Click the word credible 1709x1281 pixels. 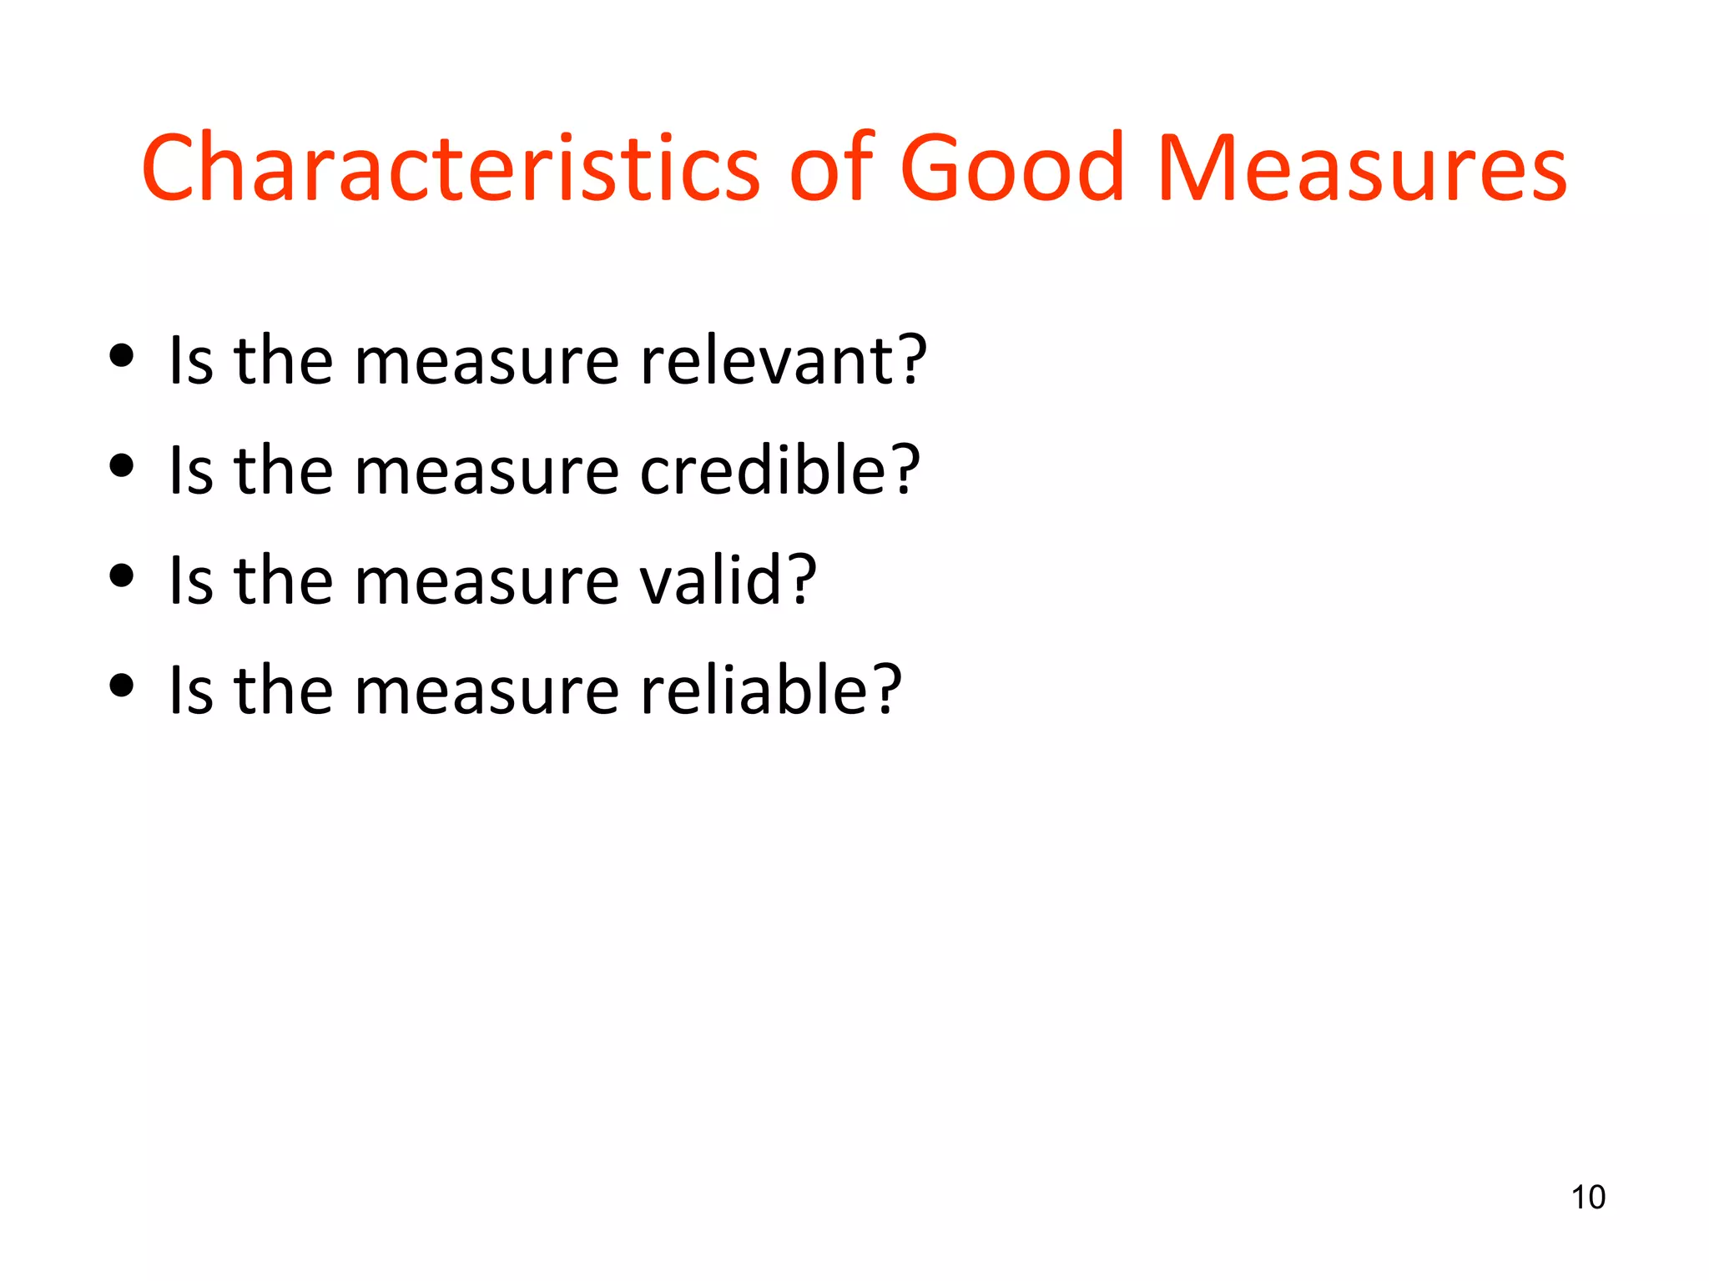(x=767, y=470)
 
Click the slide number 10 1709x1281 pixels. (x=1587, y=1197)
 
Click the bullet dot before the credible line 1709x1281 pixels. (x=122, y=466)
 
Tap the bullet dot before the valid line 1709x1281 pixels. (x=122, y=576)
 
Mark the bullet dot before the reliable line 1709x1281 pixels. (x=122, y=686)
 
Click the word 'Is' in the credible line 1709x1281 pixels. (x=191, y=470)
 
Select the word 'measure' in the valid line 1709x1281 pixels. (x=486, y=582)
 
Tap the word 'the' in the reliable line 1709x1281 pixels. (x=284, y=691)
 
